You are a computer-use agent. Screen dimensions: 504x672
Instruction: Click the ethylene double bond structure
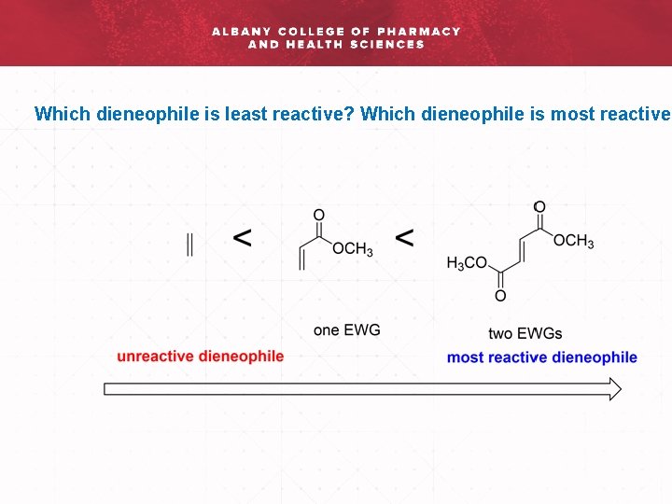point(190,245)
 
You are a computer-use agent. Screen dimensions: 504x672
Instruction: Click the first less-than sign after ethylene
point(242,239)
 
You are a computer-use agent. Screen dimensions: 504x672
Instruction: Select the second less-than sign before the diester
point(405,239)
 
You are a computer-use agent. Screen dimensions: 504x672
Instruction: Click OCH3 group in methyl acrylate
point(353,250)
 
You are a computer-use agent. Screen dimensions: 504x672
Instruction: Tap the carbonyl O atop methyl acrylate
point(319,215)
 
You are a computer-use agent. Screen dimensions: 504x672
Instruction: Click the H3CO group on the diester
point(467,264)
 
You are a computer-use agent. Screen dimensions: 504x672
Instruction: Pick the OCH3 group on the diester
point(573,242)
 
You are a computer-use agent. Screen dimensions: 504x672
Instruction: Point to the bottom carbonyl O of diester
point(500,297)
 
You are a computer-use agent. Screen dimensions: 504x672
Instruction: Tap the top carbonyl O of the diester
point(539,206)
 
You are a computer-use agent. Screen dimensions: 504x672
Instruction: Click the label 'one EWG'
point(347,330)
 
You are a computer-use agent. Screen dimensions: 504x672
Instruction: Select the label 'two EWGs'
point(525,333)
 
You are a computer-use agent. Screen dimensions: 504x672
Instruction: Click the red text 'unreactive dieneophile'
point(201,356)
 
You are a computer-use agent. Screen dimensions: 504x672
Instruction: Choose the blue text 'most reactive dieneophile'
point(542,357)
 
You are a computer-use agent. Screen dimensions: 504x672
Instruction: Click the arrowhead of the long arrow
point(614,389)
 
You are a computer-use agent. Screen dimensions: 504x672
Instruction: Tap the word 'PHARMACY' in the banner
point(419,31)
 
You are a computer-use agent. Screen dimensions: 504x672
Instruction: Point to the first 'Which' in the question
point(58,115)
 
